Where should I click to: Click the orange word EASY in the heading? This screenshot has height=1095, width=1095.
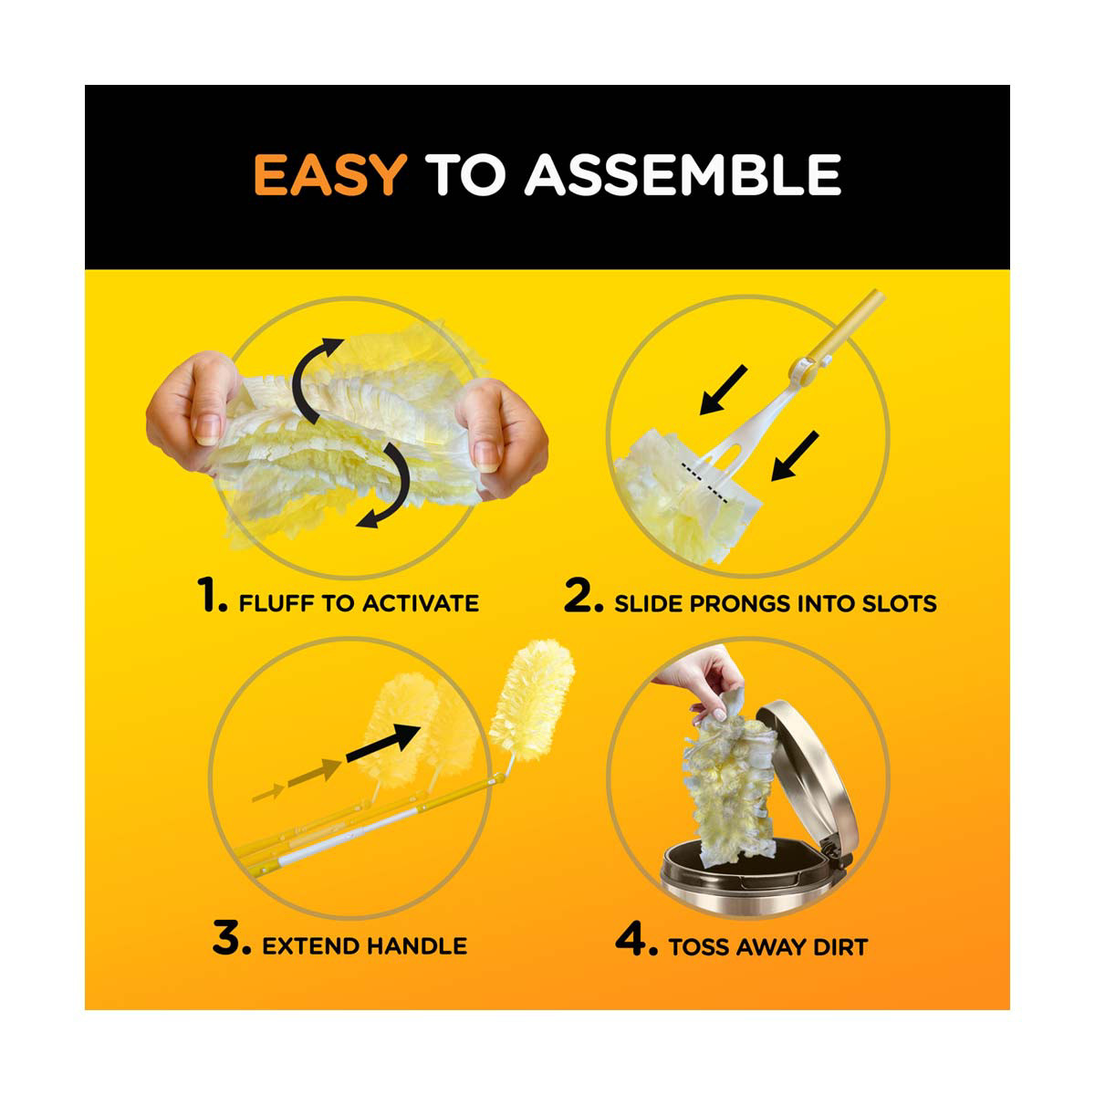click(330, 174)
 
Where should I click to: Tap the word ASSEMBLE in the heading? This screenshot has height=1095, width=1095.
click(683, 174)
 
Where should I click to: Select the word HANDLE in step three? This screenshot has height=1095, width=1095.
click(415, 946)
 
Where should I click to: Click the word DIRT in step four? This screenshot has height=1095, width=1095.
click(839, 946)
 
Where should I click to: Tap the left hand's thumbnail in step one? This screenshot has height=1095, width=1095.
click(207, 429)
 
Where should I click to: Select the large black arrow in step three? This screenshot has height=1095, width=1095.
click(383, 744)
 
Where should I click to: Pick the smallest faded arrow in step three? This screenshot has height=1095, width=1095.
click(267, 793)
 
